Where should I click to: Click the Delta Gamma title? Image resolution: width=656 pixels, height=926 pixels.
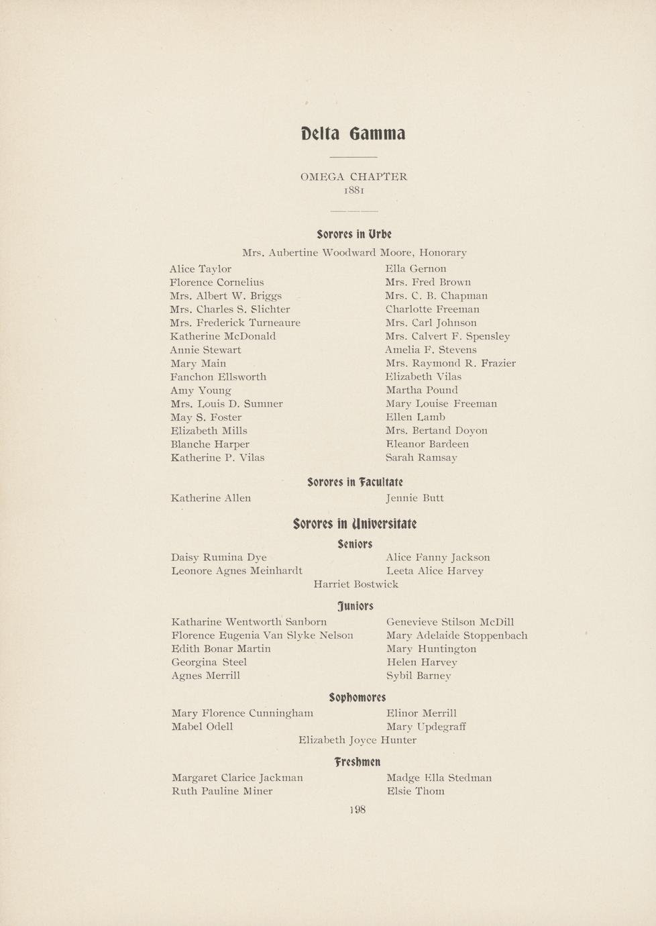tap(353, 134)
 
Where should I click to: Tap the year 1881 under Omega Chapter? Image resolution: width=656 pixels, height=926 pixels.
tap(353, 191)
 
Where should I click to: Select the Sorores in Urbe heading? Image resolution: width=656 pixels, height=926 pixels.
tap(354, 234)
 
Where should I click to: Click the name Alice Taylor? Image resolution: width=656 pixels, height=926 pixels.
tap(201, 269)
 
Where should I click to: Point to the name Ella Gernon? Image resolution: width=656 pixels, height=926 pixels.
tap(416, 268)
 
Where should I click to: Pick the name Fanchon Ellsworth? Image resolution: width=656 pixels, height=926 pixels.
tap(218, 376)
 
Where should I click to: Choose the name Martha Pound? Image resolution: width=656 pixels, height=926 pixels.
tap(422, 390)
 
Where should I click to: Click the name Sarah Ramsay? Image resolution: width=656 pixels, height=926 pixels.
tap(421, 458)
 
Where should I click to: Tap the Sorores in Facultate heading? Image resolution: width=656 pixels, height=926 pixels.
tap(355, 482)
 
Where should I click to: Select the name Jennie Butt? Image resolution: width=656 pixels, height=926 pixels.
tap(415, 498)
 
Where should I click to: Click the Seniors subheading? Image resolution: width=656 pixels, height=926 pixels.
tap(355, 544)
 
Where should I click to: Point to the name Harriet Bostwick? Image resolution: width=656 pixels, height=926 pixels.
tap(356, 584)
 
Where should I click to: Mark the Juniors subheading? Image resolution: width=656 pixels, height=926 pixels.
tap(356, 607)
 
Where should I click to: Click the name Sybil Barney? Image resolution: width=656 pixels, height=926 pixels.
tap(419, 676)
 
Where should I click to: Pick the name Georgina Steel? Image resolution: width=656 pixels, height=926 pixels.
tap(209, 662)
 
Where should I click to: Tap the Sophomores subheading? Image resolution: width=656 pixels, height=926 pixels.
tap(357, 697)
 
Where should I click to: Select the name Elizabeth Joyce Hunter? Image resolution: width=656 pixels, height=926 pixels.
tap(357, 740)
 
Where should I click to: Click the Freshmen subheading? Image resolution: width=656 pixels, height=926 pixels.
tap(357, 762)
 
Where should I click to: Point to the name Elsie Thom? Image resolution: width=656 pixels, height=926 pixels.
tap(415, 791)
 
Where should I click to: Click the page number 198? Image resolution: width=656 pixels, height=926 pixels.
tap(358, 810)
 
